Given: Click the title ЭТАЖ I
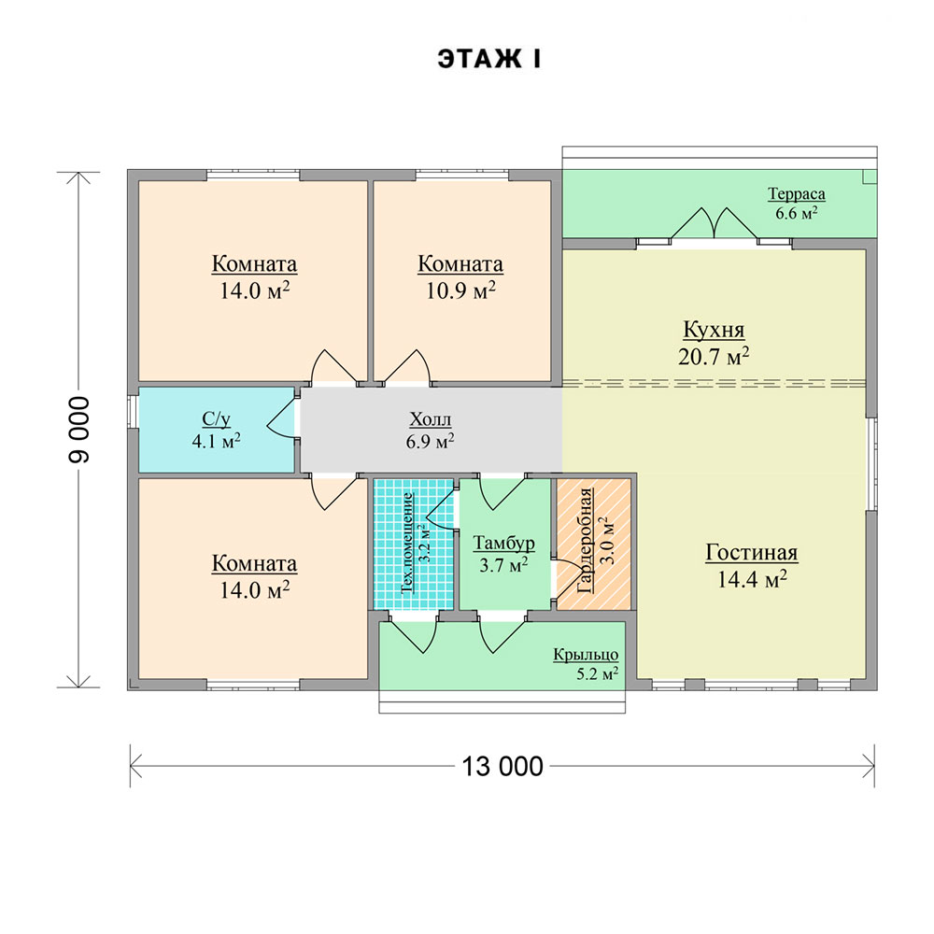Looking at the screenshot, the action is coord(489,60).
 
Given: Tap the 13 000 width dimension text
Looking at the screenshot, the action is coord(502,767).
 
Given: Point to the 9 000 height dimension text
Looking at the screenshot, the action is coord(79,430).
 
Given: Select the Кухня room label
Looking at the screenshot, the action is coord(714,330).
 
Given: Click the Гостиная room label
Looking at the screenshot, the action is coord(752,552).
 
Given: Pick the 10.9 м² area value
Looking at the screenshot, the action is coord(460,290).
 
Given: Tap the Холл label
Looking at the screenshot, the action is coord(430,419).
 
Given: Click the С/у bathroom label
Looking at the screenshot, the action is coord(217,419).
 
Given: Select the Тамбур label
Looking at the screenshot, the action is coord(504,544).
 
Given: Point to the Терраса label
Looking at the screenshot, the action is coord(797,193).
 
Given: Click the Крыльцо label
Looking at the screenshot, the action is coord(586,655).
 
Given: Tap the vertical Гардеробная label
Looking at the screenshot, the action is coord(586,540).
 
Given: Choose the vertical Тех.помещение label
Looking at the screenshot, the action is coord(407,543).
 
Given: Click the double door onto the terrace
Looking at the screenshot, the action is coord(715,223).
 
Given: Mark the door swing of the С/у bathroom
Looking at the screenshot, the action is coord(281,418).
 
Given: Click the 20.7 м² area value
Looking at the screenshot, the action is coord(714,357).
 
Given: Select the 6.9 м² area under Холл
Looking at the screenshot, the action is coord(430,442).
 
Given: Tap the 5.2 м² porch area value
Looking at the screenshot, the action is coord(597,673).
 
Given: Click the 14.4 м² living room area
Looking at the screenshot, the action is coord(752,579).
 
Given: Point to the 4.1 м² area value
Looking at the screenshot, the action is coord(217,442).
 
